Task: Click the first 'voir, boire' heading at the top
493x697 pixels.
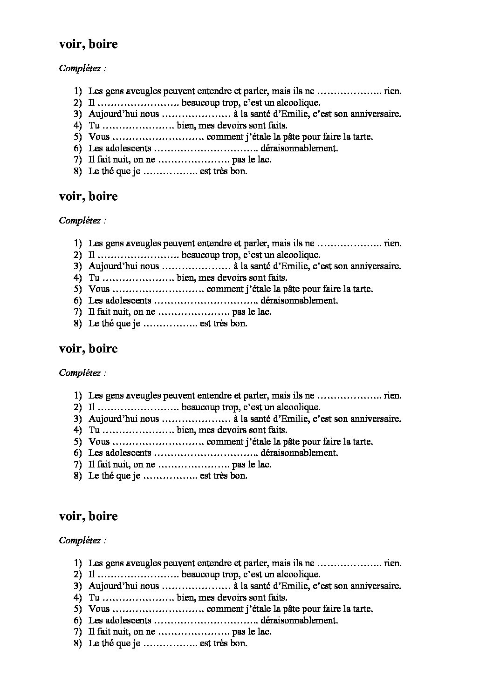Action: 88,44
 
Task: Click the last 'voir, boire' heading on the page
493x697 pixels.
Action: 88,516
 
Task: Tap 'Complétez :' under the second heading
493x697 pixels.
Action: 82,221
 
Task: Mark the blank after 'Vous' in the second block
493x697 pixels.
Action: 157,289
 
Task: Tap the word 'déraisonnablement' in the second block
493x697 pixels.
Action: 299,300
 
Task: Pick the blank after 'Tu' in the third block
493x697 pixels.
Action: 138,430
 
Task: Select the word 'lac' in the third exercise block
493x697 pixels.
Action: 264,464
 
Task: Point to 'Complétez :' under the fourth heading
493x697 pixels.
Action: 82,541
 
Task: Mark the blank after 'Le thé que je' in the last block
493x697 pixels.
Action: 171,643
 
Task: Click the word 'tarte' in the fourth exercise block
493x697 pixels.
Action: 362,609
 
